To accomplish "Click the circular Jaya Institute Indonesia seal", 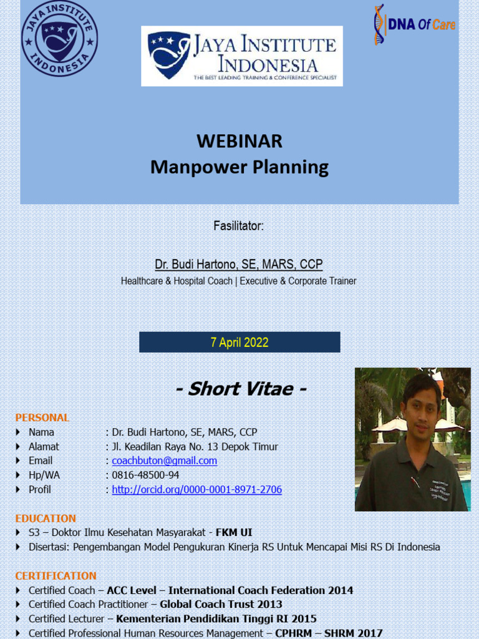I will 59,39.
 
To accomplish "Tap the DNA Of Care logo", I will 414,25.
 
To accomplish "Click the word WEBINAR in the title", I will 239,141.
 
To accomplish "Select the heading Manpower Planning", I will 239,167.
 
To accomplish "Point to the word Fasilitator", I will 239,226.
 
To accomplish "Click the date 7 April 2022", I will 239,342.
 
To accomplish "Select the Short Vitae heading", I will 241,389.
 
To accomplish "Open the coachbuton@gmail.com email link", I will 165,461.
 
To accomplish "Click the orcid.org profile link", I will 197,490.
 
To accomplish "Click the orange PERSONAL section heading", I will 42,417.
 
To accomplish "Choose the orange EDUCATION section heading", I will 46,519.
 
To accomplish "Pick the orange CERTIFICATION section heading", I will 56,575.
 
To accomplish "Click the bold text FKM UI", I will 234,533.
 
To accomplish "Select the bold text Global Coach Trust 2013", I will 221,604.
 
